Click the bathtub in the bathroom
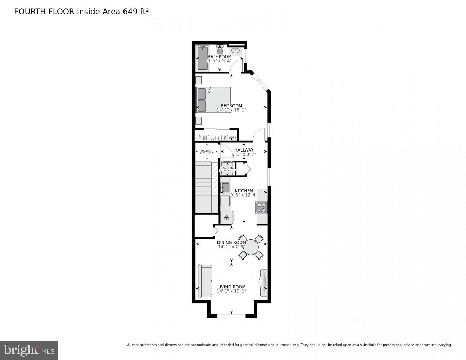[203, 58]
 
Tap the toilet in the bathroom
[220, 50]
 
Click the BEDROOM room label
[231, 106]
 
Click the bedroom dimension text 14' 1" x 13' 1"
[231, 110]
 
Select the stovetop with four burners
[262, 207]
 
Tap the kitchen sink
[225, 187]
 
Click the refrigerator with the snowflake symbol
[227, 217]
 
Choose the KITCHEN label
[244, 191]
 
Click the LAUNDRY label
[227, 168]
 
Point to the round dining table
[251, 247]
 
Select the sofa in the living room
[205, 281]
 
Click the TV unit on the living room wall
[263, 283]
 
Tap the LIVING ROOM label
[231, 287]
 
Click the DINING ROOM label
[231, 243]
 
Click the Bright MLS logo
[29, 350]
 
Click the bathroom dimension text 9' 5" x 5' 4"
[220, 61]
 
